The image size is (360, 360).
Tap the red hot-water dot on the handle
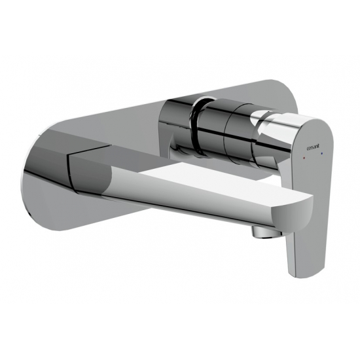pyautogui.click(x=304, y=158)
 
